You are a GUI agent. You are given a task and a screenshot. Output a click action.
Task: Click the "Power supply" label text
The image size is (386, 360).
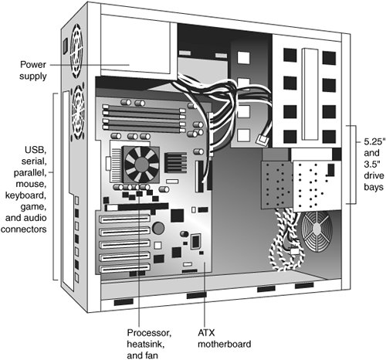coord(33,70)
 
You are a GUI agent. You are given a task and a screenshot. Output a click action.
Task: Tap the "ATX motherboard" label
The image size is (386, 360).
coord(224,338)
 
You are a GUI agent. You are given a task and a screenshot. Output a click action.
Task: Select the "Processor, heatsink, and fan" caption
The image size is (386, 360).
coord(149,344)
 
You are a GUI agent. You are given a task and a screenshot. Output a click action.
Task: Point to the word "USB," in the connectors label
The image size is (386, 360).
coord(36,150)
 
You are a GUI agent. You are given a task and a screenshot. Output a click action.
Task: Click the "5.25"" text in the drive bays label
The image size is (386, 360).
coord(374,141)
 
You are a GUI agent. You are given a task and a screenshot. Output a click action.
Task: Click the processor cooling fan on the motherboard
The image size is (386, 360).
coord(141,165)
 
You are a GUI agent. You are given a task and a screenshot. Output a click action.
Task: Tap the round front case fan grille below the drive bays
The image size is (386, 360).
coord(317,231)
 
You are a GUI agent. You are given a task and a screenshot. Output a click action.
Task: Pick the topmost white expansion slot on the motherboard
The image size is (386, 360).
coord(124,219)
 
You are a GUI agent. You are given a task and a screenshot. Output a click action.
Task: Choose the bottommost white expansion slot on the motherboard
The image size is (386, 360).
coord(124,269)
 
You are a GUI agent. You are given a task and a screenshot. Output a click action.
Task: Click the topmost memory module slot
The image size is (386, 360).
coord(144,108)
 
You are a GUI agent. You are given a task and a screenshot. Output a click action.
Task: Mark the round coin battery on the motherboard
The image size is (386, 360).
coord(158,228)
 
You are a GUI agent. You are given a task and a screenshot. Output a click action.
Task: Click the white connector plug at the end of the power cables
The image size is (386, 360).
coord(262,140)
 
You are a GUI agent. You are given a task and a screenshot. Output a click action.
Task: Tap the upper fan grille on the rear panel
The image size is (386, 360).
coord(76,51)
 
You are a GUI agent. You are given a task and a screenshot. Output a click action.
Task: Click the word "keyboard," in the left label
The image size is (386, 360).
coord(25,195)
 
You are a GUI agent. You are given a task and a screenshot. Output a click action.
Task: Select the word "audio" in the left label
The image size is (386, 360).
coord(36,218)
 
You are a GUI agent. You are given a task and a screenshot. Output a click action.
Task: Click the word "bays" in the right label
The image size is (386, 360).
coord(374,187)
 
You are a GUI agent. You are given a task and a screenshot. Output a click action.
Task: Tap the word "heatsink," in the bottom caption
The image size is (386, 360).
coord(145,344)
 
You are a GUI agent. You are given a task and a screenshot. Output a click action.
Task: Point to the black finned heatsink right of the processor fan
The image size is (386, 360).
coord(175,163)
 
